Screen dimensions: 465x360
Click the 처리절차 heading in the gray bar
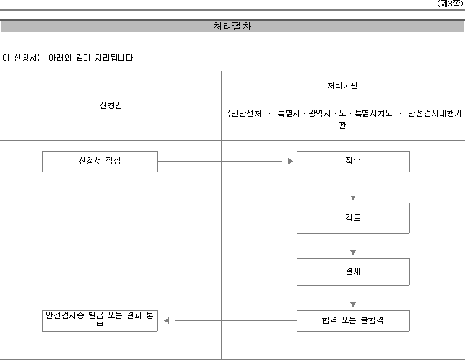pos(232,26)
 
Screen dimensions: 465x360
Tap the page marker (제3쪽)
pos(450,4)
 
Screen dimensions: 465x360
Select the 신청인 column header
pos(111,105)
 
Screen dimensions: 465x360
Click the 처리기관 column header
pos(342,85)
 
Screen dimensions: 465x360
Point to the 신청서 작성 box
pos(100,162)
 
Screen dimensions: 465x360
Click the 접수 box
pos(353,162)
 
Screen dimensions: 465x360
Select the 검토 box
pos(353,218)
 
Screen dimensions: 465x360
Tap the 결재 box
pos(353,272)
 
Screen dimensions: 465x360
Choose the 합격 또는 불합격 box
pos(353,321)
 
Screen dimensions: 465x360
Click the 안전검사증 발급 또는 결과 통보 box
pos(100,321)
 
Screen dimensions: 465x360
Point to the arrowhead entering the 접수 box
pos(290,161)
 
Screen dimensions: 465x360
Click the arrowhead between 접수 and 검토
pos(353,198)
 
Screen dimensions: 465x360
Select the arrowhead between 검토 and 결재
pos(353,253)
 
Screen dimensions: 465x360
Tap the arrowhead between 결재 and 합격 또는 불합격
pos(353,304)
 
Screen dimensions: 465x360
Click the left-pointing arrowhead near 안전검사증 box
pos(167,320)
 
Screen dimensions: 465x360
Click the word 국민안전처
pos(243,113)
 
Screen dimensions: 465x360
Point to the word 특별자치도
pos(374,113)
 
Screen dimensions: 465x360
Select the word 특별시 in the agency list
pos(289,113)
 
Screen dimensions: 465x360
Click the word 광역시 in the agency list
pos(320,113)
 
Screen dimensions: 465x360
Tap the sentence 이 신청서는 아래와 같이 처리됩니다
pos(69,58)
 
